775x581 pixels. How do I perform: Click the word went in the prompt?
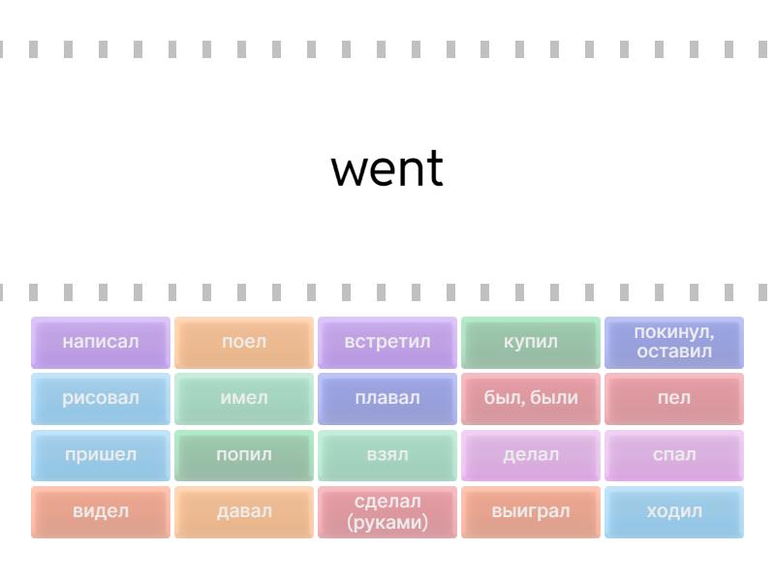[x=387, y=168]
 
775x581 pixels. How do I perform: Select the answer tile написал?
[x=101, y=342]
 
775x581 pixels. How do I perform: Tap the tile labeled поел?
[x=244, y=342]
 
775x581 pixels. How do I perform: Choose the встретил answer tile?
[x=387, y=342]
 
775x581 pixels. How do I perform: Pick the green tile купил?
[x=531, y=342]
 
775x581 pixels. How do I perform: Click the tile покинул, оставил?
[x=674, y=342]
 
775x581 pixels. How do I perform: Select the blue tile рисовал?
[x=101, y=398]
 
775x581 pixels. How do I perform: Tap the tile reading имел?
[x=244, y=398]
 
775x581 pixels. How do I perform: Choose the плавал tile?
[x=387, y=398]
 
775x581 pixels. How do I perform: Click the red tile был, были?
[x=531, y=398]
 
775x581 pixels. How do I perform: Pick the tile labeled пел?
[x=674, y=398]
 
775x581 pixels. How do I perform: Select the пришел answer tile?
[x=101, y=455]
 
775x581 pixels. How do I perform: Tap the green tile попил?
[x=244, y=455]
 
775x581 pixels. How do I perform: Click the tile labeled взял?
[x=387, y=455]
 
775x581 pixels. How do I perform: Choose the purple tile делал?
[x=531, y=455]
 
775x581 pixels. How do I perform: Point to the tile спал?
[x=674, y=455]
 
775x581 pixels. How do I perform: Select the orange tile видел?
[x=101, y=511]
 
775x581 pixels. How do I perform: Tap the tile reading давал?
[x=244, y=511]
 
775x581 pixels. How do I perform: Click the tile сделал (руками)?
[x=387, y=511]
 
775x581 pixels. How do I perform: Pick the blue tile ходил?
[x=674, y=511]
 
